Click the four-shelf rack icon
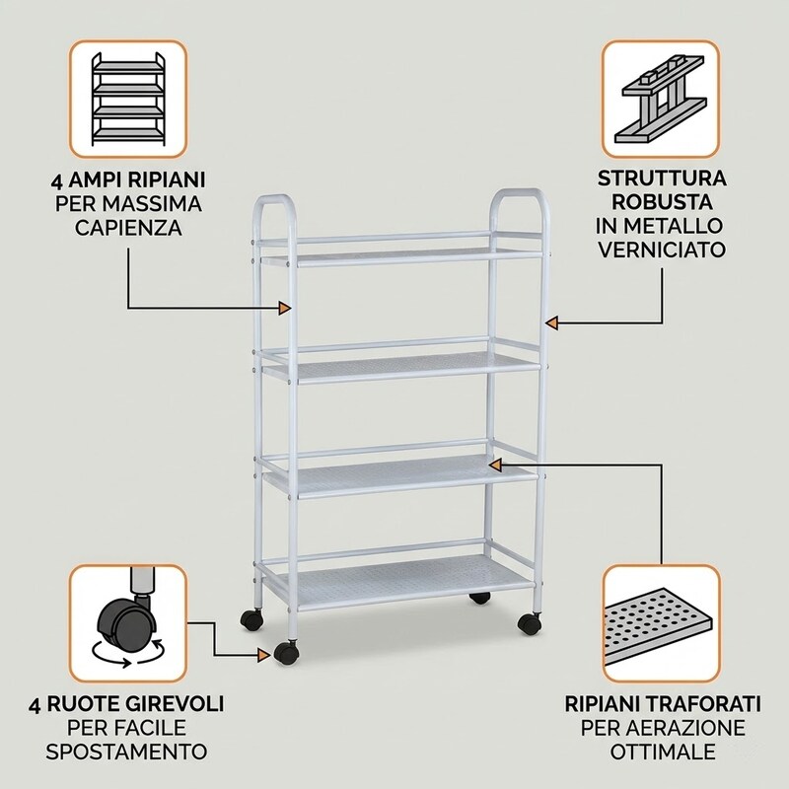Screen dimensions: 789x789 tap(128, 99)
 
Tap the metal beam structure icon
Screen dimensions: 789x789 tap(661, 99)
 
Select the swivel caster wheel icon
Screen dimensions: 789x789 tap(128, 623)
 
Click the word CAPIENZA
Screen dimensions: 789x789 tap(128, 228)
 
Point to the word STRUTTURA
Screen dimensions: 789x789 tap(662, 179)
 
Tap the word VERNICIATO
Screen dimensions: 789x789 tap(662, 250)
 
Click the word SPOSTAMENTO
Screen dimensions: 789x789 tap(126, 752)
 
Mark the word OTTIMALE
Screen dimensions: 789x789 tap(662, 752)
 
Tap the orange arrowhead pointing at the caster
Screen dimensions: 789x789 tap(264, 655)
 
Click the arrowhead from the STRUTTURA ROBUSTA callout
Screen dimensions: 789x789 tap(552, 323)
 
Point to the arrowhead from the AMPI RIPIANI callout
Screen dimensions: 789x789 tap(285, 308)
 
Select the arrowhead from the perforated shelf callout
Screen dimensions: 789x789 tap(496, 466)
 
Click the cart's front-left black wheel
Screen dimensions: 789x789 tap(285, 652)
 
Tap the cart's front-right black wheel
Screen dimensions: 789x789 tap(529, 623)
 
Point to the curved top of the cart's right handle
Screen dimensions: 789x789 tap(520, 192)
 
